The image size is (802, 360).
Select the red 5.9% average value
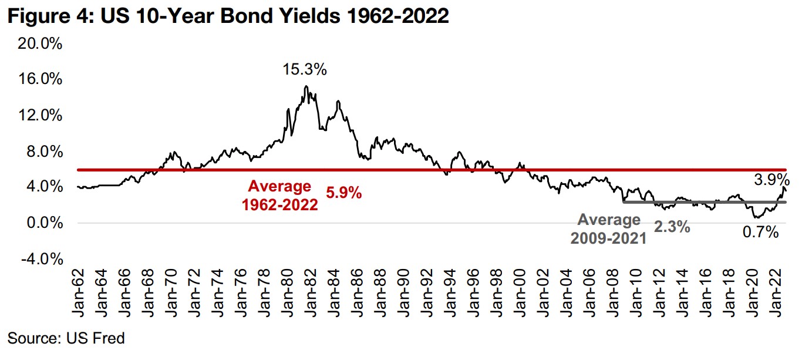tap(343, 192)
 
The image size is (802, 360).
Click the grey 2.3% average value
tap(672, 227)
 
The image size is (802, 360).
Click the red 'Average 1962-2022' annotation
tap(279, 196)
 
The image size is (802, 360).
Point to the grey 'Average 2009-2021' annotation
tap(609, 229)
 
